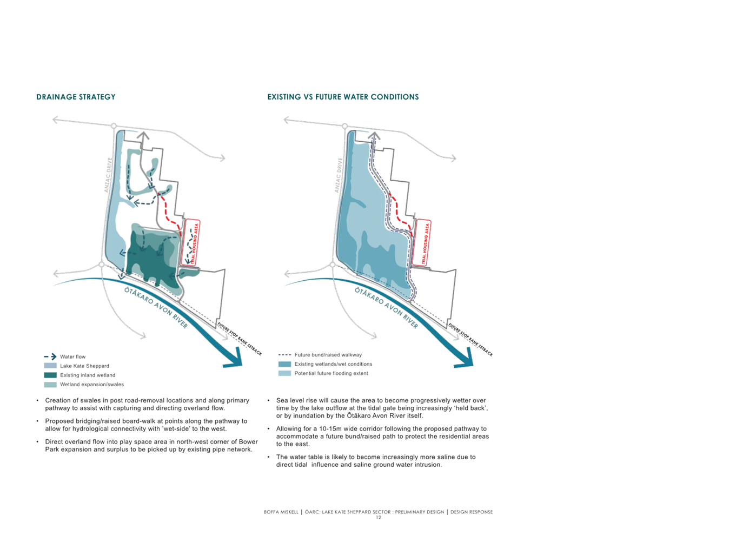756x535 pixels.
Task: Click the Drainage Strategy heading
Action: pyautogui.click(x=76, y=97)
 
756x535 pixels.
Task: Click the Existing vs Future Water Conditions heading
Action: pyautogui.click(x=343, y=97)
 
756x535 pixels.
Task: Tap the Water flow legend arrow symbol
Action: pyautogui.click(x=50, y=356)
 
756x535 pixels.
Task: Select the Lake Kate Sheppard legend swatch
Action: pyautogui.click(x=50, y=366)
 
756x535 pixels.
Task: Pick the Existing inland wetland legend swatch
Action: pyautogui.click(x=50, y=375)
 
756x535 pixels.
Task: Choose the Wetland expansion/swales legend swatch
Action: pyautogui.click(x=50, y=385)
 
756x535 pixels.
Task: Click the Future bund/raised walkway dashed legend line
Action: pyautogui.click(x=284, y=355)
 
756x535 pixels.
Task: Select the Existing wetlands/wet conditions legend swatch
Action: pyautogui.click(x=284, y=364)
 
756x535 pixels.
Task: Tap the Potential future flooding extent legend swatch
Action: pyautogui.click(x=284, y=373)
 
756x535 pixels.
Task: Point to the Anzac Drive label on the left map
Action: pyautogui.click(x=108, y=175)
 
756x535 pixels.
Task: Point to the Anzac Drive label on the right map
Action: pyautogui.click(x=339, y=175)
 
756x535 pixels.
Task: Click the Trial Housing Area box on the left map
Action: pyautogui.click(x=191, y=243)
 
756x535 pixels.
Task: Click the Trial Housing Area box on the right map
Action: pyautogui.click(x=422, y=243)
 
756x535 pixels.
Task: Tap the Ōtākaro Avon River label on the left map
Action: pyautogui.click(x=156, y=307)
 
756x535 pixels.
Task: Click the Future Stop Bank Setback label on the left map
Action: pyautogui.click(x=239, y=339)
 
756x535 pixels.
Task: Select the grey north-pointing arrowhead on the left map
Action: pyautogui.click(x=144, y=136)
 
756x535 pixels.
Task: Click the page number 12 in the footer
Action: pyautogui.click(x=379, y=518)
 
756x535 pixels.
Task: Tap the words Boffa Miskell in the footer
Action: pyautogui.click(x=281, y=512)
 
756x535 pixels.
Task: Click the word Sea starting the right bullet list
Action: pyautogui.click(x=282, y=400)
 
